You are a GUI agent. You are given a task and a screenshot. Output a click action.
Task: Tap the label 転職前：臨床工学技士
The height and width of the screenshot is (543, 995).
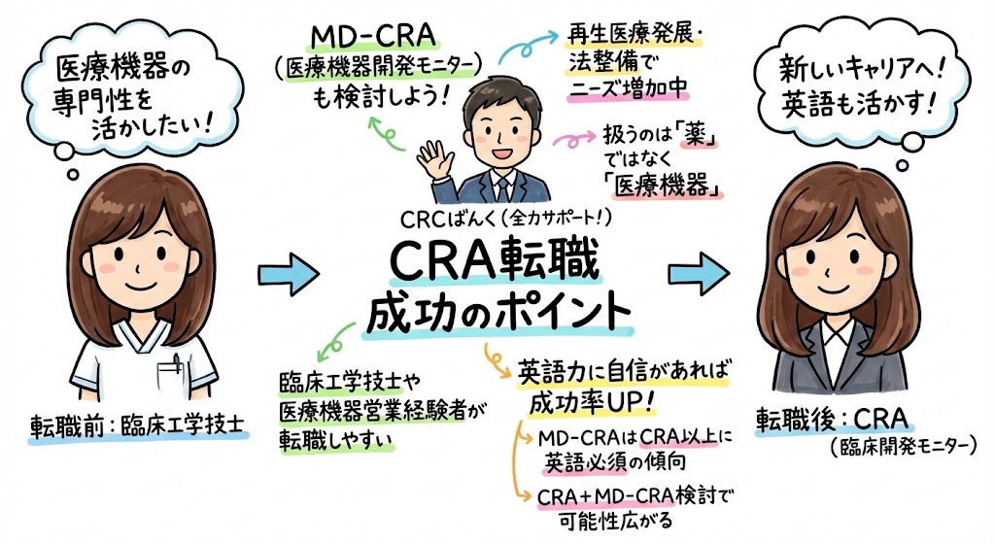pyautogui.click(x=135, y=425)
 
